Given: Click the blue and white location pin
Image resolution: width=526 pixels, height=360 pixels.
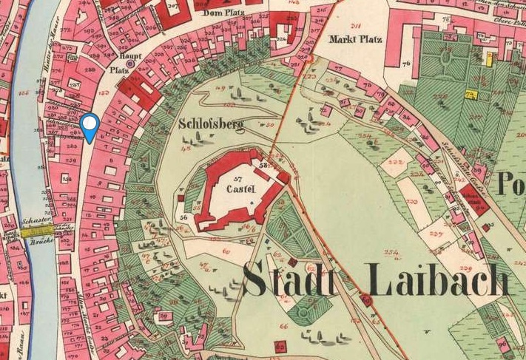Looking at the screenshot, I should point(90,127).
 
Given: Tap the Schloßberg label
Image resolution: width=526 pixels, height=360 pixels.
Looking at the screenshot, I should point(211,124).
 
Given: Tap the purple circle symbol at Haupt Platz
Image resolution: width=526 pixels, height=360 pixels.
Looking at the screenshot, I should point(131,64).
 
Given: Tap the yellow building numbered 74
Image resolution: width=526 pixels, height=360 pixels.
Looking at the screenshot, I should point(471,94).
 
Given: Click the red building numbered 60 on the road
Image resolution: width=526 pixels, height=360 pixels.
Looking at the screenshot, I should point(365,300).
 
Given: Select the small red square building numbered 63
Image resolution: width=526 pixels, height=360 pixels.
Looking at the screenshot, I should point(280,346).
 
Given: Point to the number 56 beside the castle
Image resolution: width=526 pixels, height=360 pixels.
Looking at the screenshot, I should point(182,220).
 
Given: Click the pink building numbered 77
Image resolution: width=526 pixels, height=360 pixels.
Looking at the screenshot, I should point(339,69).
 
